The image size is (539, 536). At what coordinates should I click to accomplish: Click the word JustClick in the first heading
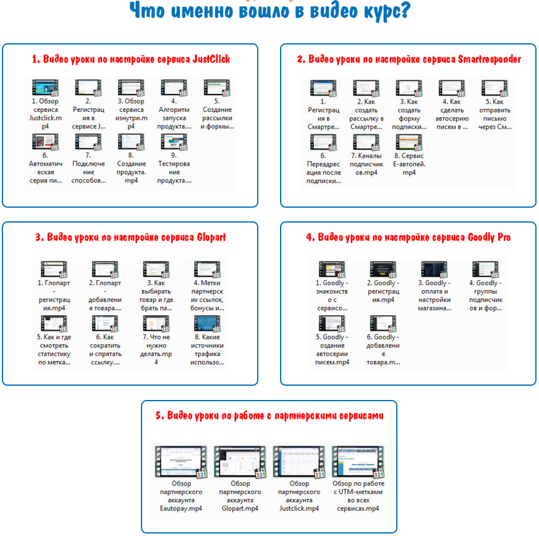211,59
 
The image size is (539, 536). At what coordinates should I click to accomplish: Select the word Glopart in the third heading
211,237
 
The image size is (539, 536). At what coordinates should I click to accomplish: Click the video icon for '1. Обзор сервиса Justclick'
45,88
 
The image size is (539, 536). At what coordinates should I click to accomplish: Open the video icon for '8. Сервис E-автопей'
409,142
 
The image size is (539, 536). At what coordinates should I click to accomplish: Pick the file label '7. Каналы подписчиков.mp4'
367,164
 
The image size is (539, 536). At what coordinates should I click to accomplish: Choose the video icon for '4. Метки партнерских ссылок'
207,269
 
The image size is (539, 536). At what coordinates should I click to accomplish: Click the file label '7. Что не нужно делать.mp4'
156,350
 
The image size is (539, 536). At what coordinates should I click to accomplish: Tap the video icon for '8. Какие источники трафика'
207,323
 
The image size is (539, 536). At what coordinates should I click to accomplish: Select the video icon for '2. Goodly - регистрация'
383,269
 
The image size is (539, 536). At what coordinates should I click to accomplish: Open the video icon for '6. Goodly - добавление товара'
383,323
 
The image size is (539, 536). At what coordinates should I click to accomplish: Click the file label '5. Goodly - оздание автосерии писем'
332,350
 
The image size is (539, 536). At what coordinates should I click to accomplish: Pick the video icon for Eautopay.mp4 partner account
181,462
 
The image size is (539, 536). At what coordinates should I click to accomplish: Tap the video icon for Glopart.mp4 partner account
240,462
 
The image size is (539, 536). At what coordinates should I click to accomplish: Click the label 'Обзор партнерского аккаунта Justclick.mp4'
299,496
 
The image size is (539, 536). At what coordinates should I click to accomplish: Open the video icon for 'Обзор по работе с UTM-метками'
358,462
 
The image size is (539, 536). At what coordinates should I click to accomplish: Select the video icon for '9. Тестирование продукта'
174,142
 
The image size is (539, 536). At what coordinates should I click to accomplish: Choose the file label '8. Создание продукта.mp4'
131,168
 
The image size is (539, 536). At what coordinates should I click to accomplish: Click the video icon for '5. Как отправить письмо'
494,88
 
